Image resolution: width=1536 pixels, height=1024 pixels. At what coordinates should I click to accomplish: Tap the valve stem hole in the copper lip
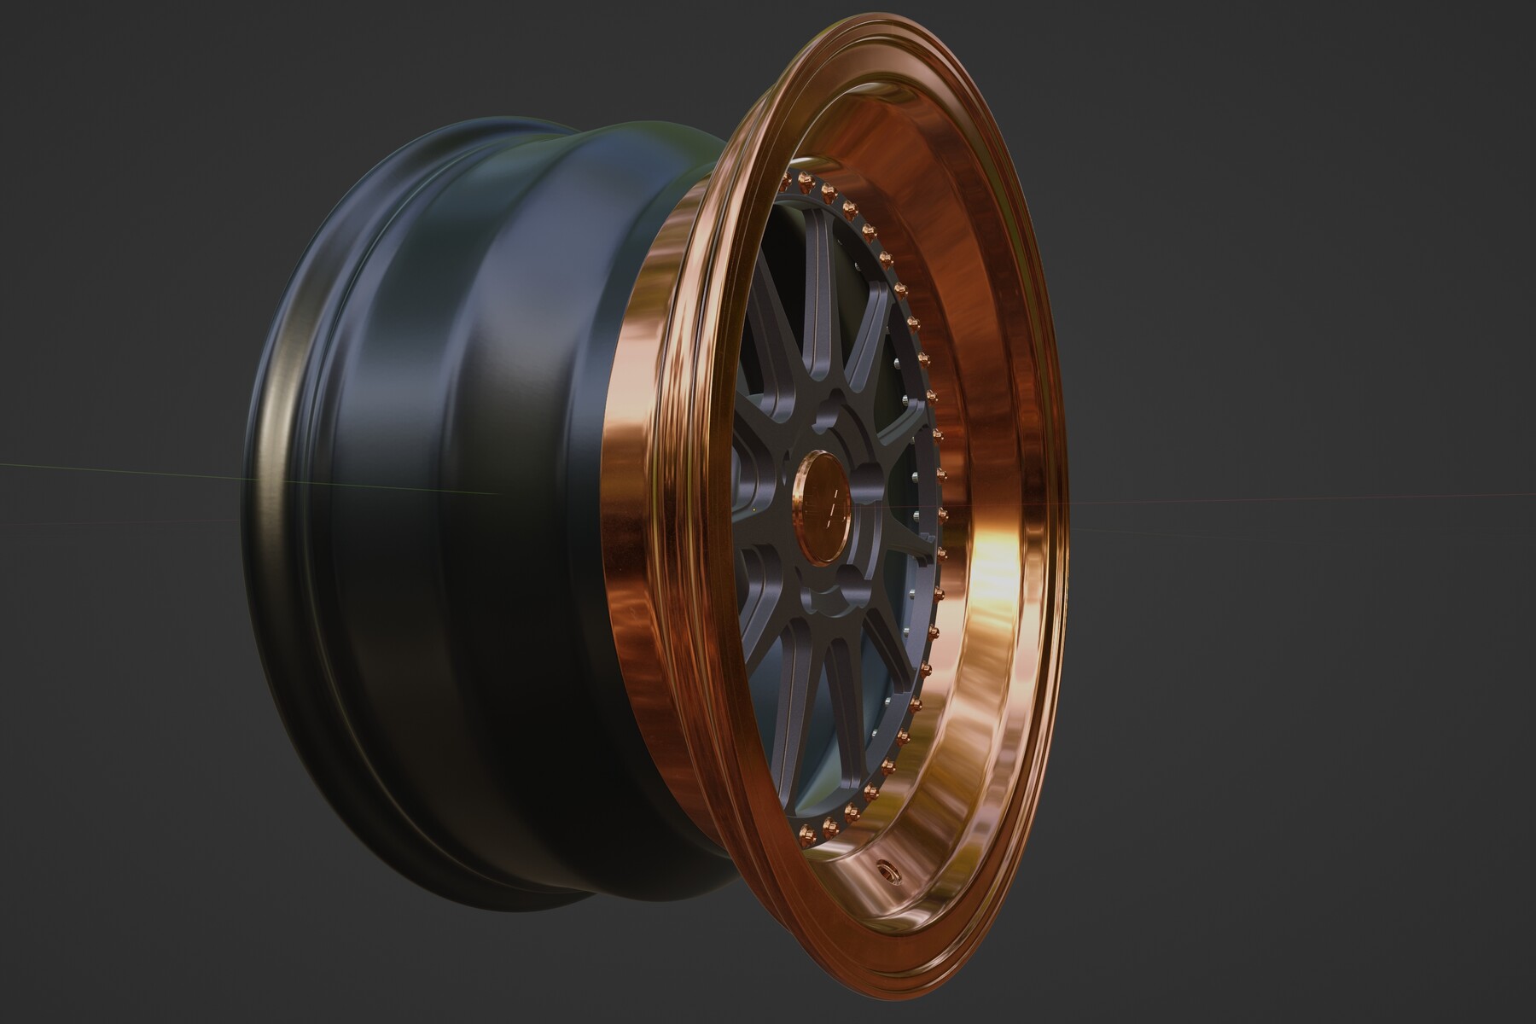tap(888, 870)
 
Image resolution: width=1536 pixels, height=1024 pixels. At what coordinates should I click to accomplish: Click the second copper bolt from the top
tap(805, 181)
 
